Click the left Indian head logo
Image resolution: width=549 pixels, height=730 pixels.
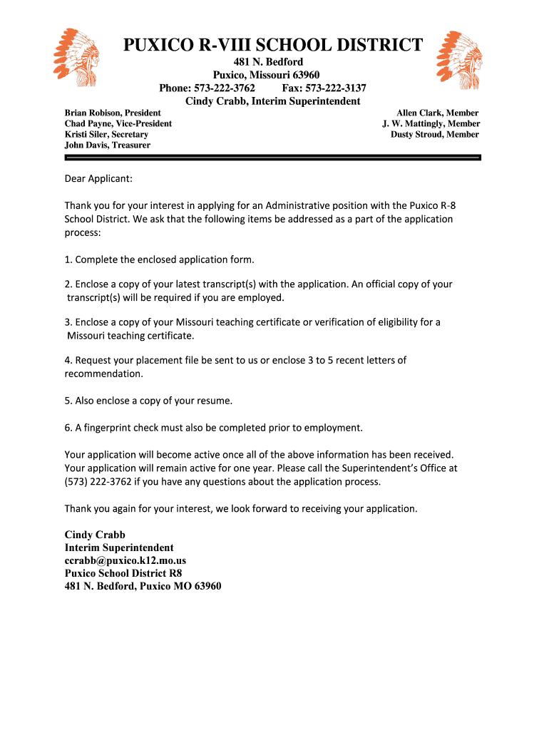click(78, 55)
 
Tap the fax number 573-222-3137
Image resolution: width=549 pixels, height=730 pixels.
click(335, 88)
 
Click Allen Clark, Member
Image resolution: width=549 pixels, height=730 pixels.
click(437, 113)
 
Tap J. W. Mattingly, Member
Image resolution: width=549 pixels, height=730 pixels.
click(431, 123)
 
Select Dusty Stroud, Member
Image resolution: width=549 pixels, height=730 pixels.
click(434, 134)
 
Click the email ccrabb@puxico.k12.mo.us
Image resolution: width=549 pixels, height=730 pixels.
click(125, 560)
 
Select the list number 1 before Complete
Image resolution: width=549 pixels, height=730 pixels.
click(68, 259)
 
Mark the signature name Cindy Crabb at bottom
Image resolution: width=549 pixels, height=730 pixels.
click(95, 535)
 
